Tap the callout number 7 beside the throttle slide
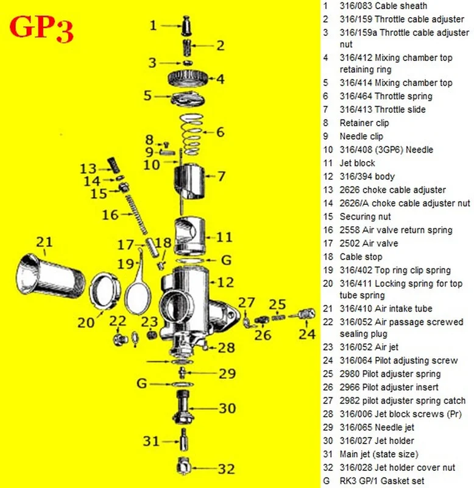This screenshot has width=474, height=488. click(x=221, y=176)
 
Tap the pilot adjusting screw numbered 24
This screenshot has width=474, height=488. click(x=303, y=315)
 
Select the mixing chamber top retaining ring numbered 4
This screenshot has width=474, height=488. click(x=189, y=79)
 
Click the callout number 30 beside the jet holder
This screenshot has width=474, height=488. click(x=227, y=408)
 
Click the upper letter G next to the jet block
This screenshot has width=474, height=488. click(x=226, y=260)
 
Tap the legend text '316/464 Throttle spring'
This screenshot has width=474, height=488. click(x=386, y=96)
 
